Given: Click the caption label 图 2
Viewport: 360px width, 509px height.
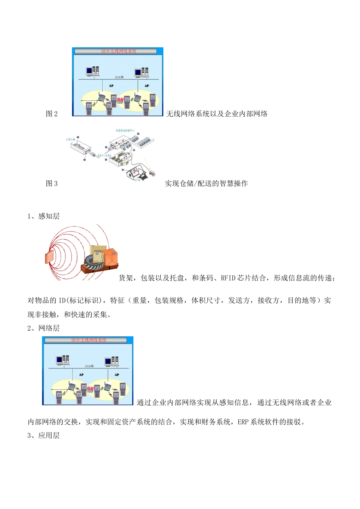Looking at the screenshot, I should point(52,114).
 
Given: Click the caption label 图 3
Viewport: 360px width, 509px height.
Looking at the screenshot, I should point(52,184).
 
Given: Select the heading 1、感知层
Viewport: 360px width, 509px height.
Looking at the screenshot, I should point(44,216).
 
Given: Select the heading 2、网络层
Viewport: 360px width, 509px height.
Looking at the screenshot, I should point(44,328).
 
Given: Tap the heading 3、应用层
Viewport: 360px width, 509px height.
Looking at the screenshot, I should point(44,436).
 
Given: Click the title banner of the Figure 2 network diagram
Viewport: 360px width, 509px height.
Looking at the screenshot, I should point(118,51).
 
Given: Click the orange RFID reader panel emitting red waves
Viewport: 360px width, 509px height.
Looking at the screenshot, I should point(50,258).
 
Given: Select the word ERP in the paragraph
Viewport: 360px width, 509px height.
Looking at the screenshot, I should point(243,422).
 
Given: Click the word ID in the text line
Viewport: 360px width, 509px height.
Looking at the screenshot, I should point(62,301).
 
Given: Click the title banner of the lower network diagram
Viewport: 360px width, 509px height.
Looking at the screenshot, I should point(89,340).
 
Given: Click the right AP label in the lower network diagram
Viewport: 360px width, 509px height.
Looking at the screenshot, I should point(117,375).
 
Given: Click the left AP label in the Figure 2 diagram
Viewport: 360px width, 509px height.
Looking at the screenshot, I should point(111,86).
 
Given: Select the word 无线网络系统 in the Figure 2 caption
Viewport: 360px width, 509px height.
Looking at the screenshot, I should point(184,114).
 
